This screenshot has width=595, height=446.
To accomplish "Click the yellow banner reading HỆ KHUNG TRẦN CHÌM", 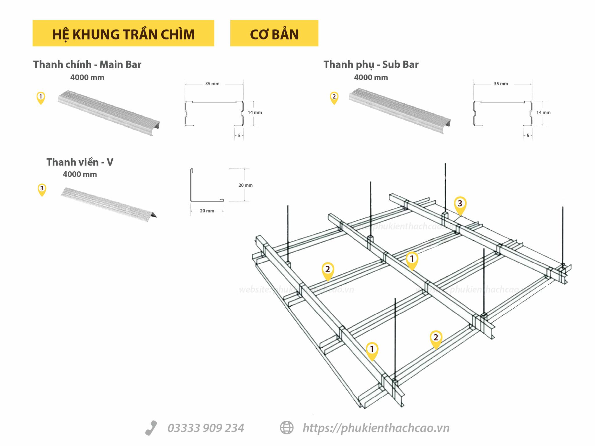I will [x=123, y=33].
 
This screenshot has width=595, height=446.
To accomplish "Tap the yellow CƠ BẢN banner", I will [x=274, y=33].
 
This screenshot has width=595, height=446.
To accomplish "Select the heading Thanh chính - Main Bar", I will [x=87, y=64].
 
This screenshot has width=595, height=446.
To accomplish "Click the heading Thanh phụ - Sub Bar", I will [x=371, y=64].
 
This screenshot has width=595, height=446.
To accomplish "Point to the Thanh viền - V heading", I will [x=80, y=162].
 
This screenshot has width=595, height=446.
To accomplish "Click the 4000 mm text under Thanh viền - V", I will [x=80, y=175].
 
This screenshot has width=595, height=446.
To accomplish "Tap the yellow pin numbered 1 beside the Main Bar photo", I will [x=41, y=98].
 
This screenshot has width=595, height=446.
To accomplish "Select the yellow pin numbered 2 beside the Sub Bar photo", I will [x=334, y=98].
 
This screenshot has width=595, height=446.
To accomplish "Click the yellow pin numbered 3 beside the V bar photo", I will [x=42, y=189].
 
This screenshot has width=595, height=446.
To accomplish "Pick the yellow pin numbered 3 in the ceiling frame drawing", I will [x=460, y=204].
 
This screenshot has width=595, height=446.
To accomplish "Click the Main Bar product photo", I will [x=109, y=113].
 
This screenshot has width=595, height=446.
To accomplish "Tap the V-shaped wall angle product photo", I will [x=108, y=202].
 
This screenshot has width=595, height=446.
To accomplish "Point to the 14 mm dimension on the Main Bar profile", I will [x=255, y=113].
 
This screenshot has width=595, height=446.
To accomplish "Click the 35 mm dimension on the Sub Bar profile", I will [x=501, y=84].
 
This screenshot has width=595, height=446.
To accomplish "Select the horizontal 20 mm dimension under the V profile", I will [x=207, y=211].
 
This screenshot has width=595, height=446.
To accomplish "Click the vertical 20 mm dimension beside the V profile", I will [x=245, y=185].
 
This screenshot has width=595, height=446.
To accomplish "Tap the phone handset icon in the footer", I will [x=151, y=428].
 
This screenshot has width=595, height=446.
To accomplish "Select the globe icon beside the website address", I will [x=286, y=428].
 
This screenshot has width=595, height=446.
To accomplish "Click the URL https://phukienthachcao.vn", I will [x=376, y=428].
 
